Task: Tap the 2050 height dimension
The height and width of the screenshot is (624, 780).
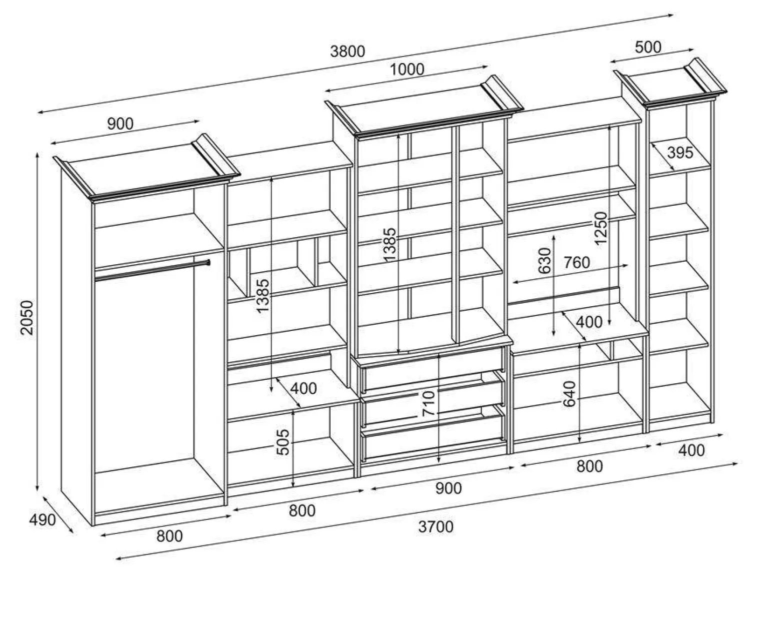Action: [27, 317]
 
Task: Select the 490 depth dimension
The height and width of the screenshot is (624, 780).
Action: [42, 520]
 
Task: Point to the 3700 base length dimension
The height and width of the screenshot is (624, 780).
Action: [435, 527]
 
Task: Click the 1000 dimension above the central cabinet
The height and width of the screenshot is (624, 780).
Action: [406, 69]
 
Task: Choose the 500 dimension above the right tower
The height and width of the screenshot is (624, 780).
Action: [648, 47]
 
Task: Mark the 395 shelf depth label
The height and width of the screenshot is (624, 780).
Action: [680, 153]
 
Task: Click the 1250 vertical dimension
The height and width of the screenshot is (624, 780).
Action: [600, 229]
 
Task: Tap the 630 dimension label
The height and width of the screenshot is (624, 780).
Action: [544, 261]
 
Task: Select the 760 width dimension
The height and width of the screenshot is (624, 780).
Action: [576, 262]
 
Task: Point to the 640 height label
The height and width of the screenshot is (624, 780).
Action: [569, 394]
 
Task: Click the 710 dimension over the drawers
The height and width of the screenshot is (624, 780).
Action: [428, 404]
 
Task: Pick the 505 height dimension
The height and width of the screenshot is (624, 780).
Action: [283, 442]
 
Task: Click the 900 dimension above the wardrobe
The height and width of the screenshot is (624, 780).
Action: [120, 124]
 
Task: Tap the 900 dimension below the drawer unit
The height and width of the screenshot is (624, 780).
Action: [448, 489]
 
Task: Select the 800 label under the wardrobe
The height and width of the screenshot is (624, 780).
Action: [169, 536]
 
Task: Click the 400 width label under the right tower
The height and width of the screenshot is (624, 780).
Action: [691, 450]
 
